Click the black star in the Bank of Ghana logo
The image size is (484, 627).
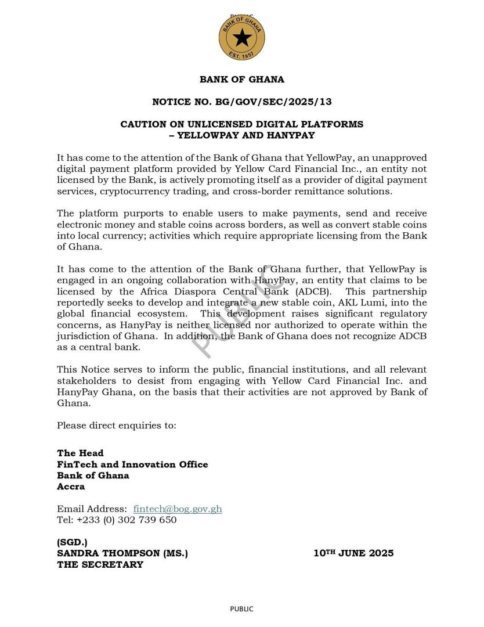pyautogui.click(x=242, y=38)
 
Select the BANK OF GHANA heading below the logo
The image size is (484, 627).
pyautogui.click(x=242, y=80)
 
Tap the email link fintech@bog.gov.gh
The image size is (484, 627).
pyautogui.click(x=178, y=509)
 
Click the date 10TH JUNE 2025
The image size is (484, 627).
pyautogui.click(x=353, y=553)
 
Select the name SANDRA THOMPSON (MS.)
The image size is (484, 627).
pyautogui.click(x=122, y=553)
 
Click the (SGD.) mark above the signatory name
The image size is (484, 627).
pyautogui.click(x=72, y=542)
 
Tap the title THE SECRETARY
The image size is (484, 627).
pyautogui.click(x=100, y=564)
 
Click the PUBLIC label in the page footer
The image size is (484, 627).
pyautogui.click(x=241, y=609)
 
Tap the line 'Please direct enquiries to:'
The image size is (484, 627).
pyautogui.click(x=117, y=426)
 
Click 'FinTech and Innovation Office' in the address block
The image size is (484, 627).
pyautogui.click(x=132, y=464)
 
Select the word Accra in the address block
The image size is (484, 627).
pyautogui.click(x=71, y=487)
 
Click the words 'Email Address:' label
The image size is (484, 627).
pyautogui.click(x=92, y=509)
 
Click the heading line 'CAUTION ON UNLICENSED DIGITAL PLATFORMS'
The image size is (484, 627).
pyautogui.click(x=242, y=124)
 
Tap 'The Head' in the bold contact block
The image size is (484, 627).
pyautogui.click(x=80, y=453)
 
